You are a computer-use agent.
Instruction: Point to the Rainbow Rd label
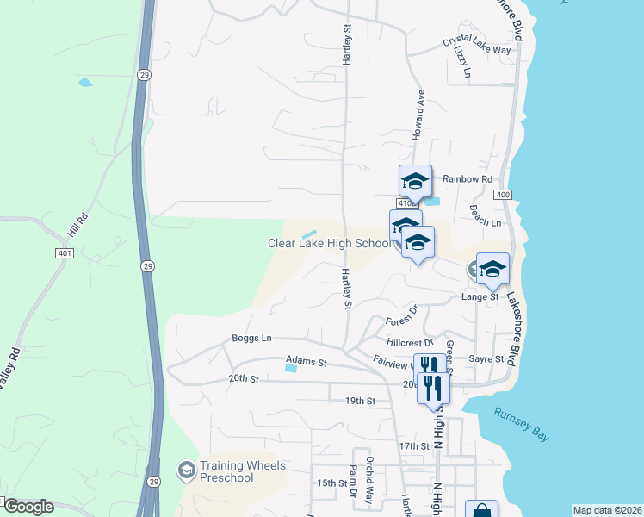click(468, 179)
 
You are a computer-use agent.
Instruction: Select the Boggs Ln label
click(251, 339)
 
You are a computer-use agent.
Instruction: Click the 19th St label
click(360, 401)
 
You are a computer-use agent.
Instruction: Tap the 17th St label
click(413, 445)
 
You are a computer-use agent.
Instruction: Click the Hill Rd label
click(77, 228)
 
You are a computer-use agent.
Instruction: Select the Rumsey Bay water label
click(521, 425)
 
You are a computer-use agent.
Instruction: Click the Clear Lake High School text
click(329, 244)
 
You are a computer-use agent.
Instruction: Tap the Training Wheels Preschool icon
click(185, 470)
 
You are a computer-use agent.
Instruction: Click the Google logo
click(28, 507)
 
